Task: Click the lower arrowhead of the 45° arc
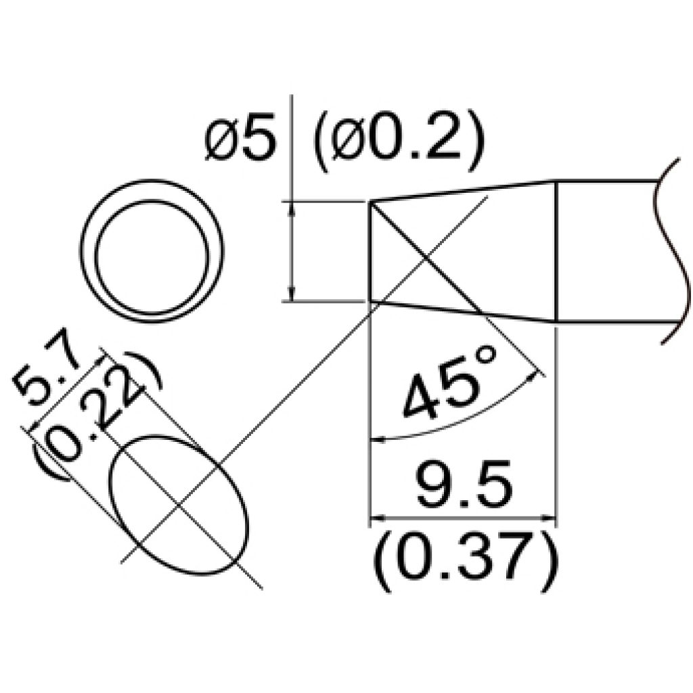pyautogui.click(x=376, y=440)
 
